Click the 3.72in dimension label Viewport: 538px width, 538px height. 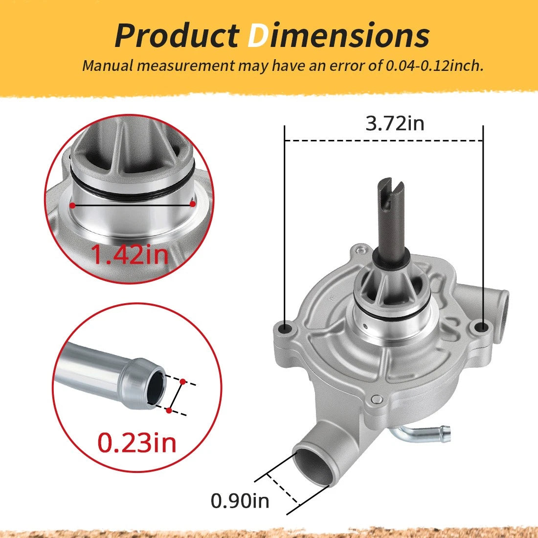pyautogui.click(x=395, y=123)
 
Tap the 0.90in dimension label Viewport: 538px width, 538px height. pyautogui.click(x=240, y=501)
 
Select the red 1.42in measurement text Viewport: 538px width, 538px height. pyautogui.click(x=130, y=254)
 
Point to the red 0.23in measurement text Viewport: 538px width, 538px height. pyautogui.click(x=137, y=443)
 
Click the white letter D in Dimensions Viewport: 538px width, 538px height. pyautogui.click(x=258, y=35)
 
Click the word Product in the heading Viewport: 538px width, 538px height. pyautogui.click(x=177, y=35)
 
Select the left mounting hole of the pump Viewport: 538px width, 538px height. pyautogui.click(x=285, y=329)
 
